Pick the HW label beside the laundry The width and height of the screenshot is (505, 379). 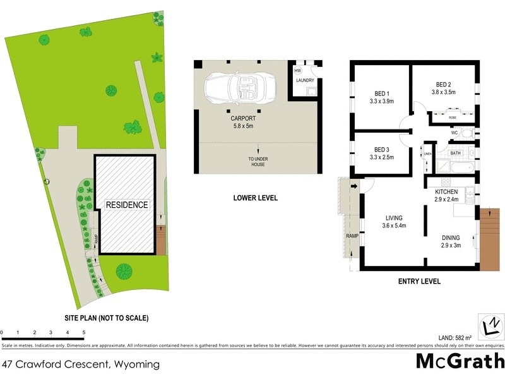[x=297, y=70]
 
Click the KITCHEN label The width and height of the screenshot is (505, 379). [x=446, y=191]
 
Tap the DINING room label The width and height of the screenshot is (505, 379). [x=451, y=238]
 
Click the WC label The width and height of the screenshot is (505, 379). [x=454, y=133]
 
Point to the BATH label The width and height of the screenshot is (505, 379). [x=455, y=153]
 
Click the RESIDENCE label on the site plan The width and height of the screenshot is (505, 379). [x=127, y=205]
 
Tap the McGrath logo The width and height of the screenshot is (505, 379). [x=460, y=362]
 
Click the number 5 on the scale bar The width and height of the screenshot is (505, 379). [x=84, y=332]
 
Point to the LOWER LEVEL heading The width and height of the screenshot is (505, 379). [x=256, y=198]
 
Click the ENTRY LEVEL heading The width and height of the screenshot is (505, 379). [x=419, y=281]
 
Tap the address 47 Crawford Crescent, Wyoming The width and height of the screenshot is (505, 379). [x=81, y=364]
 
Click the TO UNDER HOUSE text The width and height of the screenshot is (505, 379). [x=256, y=162]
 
